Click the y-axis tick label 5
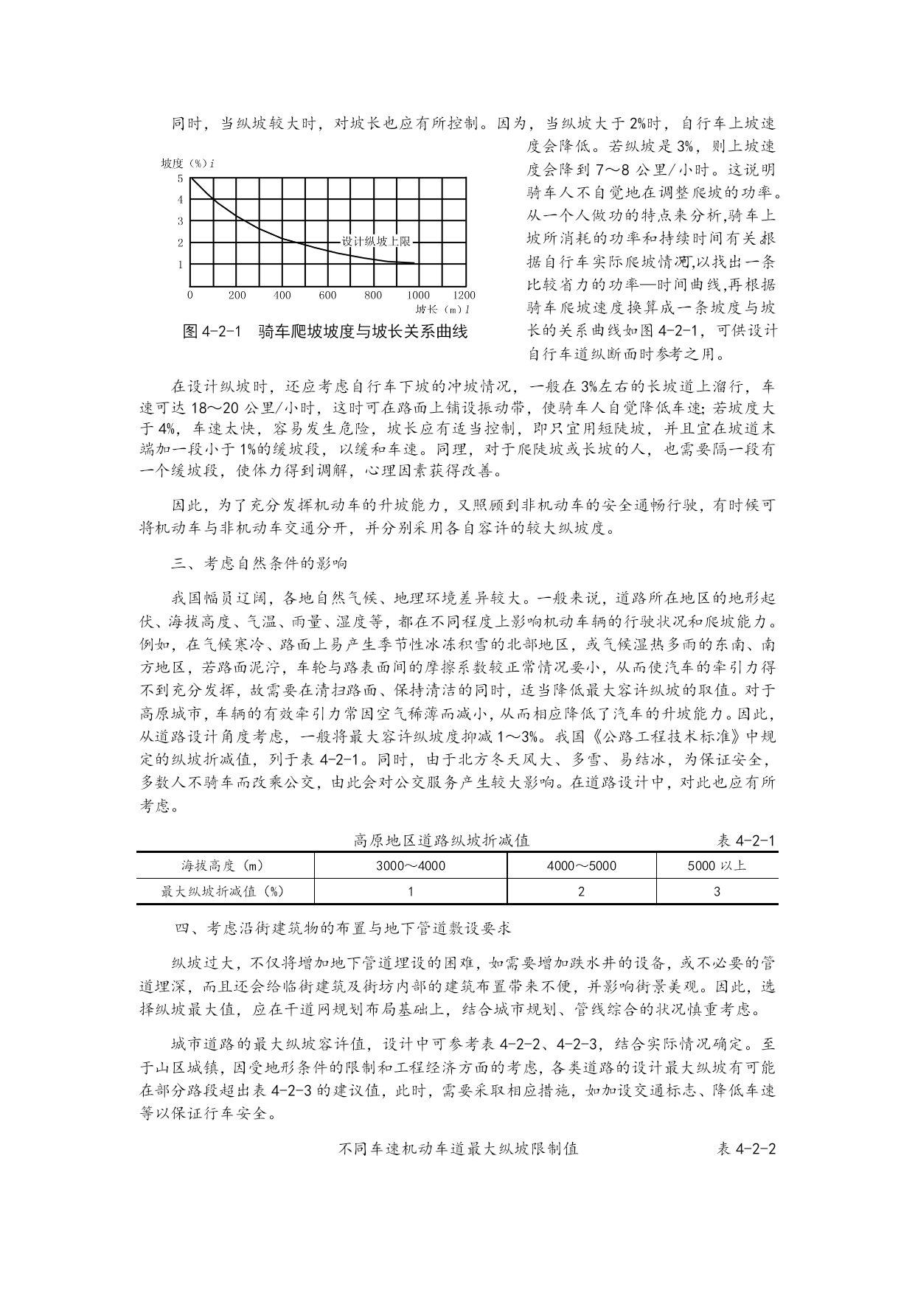pos(180,178)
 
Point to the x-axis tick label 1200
pos(464,295)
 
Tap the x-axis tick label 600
pos(327,295)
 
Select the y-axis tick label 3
pos(180,221)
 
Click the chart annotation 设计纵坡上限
pos(375,241)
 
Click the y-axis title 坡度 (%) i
pos(187,163)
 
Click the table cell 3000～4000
pos(410,865)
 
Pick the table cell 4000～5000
pos(581,865)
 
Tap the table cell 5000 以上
pos(717,865)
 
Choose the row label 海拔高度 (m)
pos(223,865)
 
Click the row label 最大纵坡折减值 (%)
pos(223,891)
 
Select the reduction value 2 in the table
pos(581,891)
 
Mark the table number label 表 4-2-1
pos(746,840)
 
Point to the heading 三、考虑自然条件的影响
pos(259,564)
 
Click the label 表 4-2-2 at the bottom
pos(746,1149)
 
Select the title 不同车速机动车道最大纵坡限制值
pos(457,1149)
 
